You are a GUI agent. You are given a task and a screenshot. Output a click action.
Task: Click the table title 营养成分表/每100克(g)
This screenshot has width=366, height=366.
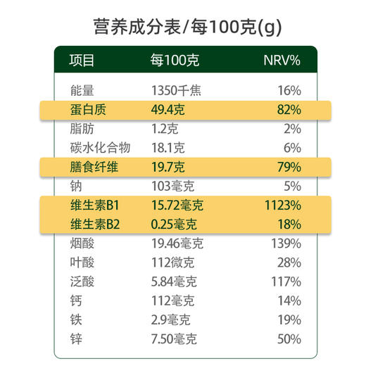point(183,27)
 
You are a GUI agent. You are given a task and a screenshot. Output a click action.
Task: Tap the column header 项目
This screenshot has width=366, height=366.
point(82,61)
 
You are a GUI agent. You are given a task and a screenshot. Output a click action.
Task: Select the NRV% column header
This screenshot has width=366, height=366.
point(282,61)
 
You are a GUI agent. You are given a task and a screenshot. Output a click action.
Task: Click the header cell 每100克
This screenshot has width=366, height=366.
point(175,61)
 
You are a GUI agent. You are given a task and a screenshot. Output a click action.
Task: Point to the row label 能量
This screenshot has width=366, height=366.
point(82,91)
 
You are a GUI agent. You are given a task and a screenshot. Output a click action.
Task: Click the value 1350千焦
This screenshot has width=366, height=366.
point(177,91)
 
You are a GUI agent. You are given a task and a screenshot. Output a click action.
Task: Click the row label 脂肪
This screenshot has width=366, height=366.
point(82,129)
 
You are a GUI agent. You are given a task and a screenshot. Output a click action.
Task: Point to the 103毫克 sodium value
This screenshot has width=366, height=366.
point(172,187)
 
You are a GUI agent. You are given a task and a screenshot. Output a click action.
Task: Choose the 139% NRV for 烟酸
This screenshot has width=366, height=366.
point(286,244)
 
